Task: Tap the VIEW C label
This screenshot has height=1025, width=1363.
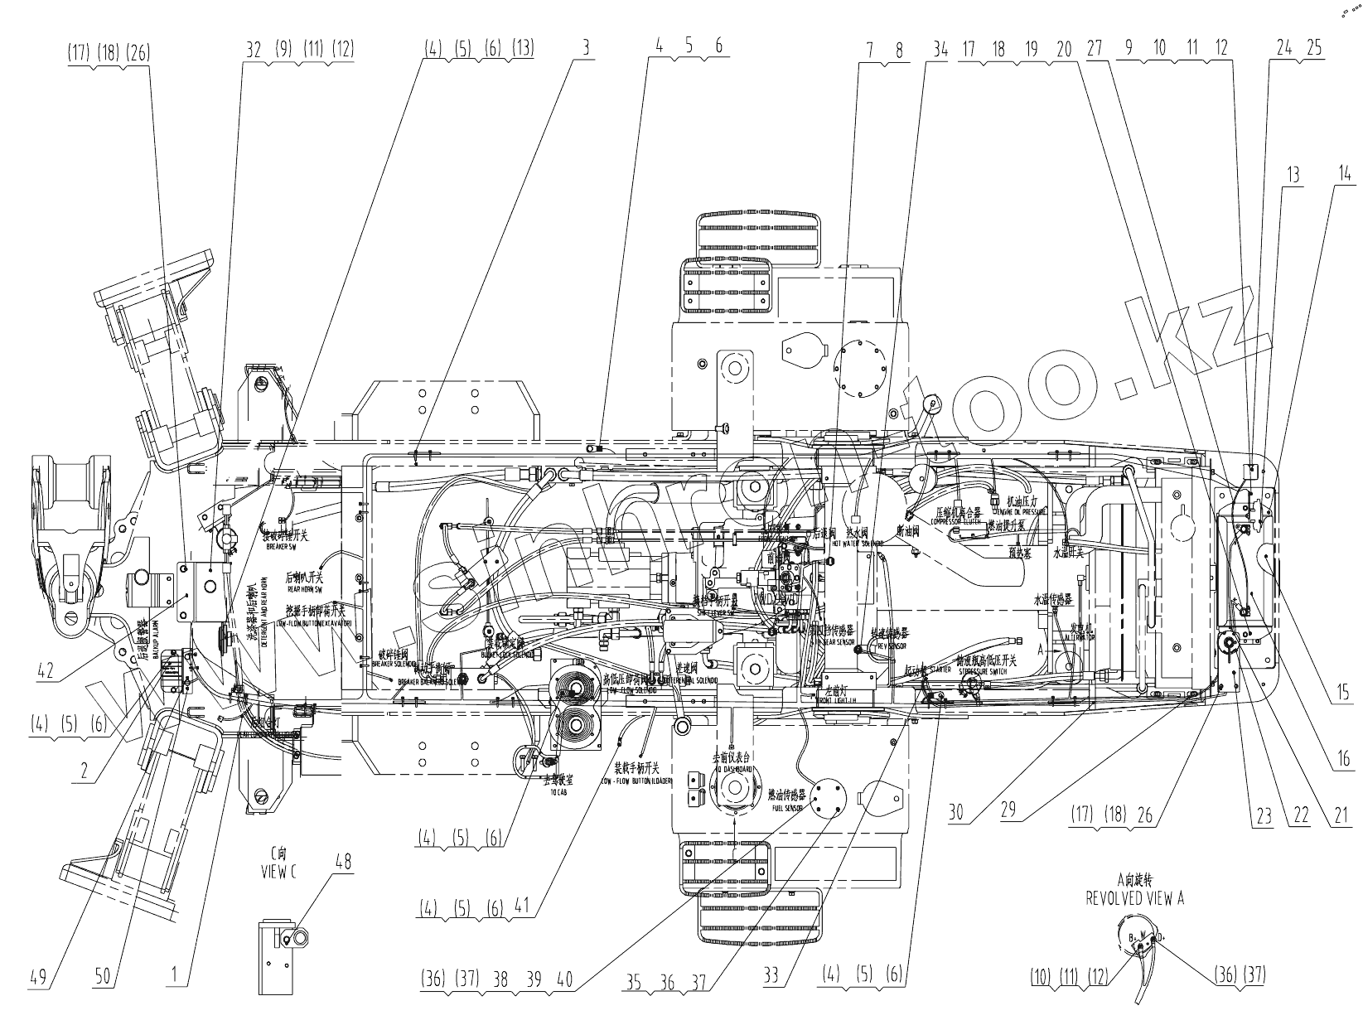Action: point(278,869)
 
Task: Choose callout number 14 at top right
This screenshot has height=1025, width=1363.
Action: point(1344,174)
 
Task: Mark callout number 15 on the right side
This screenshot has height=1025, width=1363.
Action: point(1342,692)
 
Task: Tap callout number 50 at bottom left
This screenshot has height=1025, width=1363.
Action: point(103,978)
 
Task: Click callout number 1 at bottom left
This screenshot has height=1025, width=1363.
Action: point(175,978)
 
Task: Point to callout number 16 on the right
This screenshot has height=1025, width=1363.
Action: point(1344,757)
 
